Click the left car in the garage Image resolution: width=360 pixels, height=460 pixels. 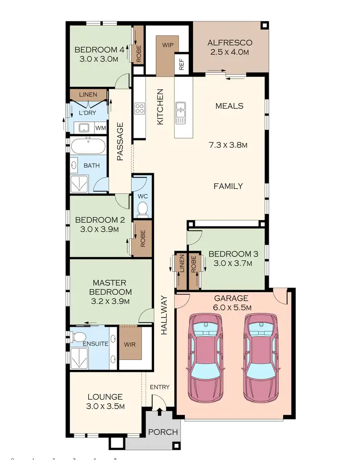click(206, 357)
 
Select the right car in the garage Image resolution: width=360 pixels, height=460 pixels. click(262, 357)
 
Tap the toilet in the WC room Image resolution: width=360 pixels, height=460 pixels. click(142, 208)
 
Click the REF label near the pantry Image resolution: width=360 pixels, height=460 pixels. click(182, 65)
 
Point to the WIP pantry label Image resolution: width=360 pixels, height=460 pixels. click(168, 45)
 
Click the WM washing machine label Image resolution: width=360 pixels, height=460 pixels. click(100, 128)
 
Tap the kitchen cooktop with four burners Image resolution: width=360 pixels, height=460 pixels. click(140, 108)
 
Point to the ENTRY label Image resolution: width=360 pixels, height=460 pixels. click(159, 387)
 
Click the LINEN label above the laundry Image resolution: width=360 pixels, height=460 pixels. click(88, 94)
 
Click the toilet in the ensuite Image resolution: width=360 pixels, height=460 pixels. click(80, 335)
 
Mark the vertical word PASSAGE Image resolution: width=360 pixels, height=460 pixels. click(120, 142)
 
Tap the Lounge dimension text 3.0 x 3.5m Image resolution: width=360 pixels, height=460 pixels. click(105, 406)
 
